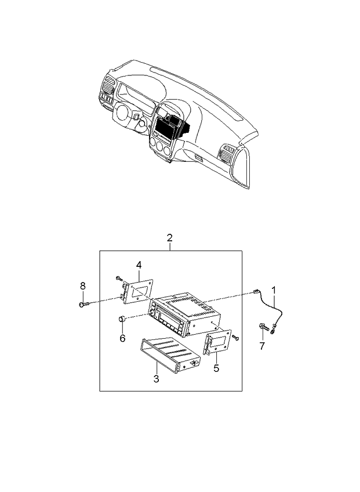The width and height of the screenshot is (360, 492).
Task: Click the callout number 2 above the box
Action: pos(169,237)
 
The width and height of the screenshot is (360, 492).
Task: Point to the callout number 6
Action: pos(122,338)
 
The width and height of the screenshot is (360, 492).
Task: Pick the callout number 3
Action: pos(156,379)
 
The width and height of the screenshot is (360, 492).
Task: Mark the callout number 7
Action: pos(261,346)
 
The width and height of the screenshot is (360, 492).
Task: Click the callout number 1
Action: pos(274,288)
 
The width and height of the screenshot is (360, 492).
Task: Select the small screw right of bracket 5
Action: pos(235,337)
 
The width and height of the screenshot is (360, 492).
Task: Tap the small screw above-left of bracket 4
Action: pos(118,278)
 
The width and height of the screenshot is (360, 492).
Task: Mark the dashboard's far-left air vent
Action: pos(108,86)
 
